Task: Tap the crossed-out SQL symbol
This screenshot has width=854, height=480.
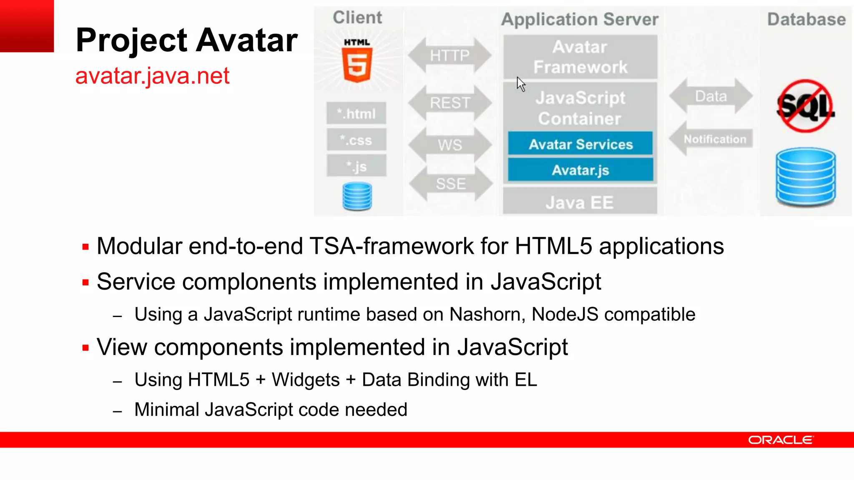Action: (806, 106)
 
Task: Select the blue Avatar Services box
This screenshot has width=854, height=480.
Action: (580, 144)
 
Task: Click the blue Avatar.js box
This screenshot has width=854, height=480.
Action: (580, 170)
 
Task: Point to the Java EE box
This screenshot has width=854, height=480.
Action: (580, 202)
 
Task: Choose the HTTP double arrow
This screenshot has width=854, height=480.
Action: (450, 55)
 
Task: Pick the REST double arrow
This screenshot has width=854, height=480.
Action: (450, 102)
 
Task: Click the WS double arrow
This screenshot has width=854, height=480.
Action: (450, 145)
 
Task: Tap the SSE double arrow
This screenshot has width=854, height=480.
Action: (450, 184)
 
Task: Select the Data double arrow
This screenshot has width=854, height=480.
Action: (711, 96)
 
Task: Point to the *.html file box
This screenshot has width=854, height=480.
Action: (357, 113)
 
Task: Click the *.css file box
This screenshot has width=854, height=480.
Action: (357, 140)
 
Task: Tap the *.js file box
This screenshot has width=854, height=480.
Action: (357, 166)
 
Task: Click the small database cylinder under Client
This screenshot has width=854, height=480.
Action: (357, 196)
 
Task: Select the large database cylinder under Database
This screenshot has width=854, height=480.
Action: (806, 177)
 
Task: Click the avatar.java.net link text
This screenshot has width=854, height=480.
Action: (152, 76)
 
